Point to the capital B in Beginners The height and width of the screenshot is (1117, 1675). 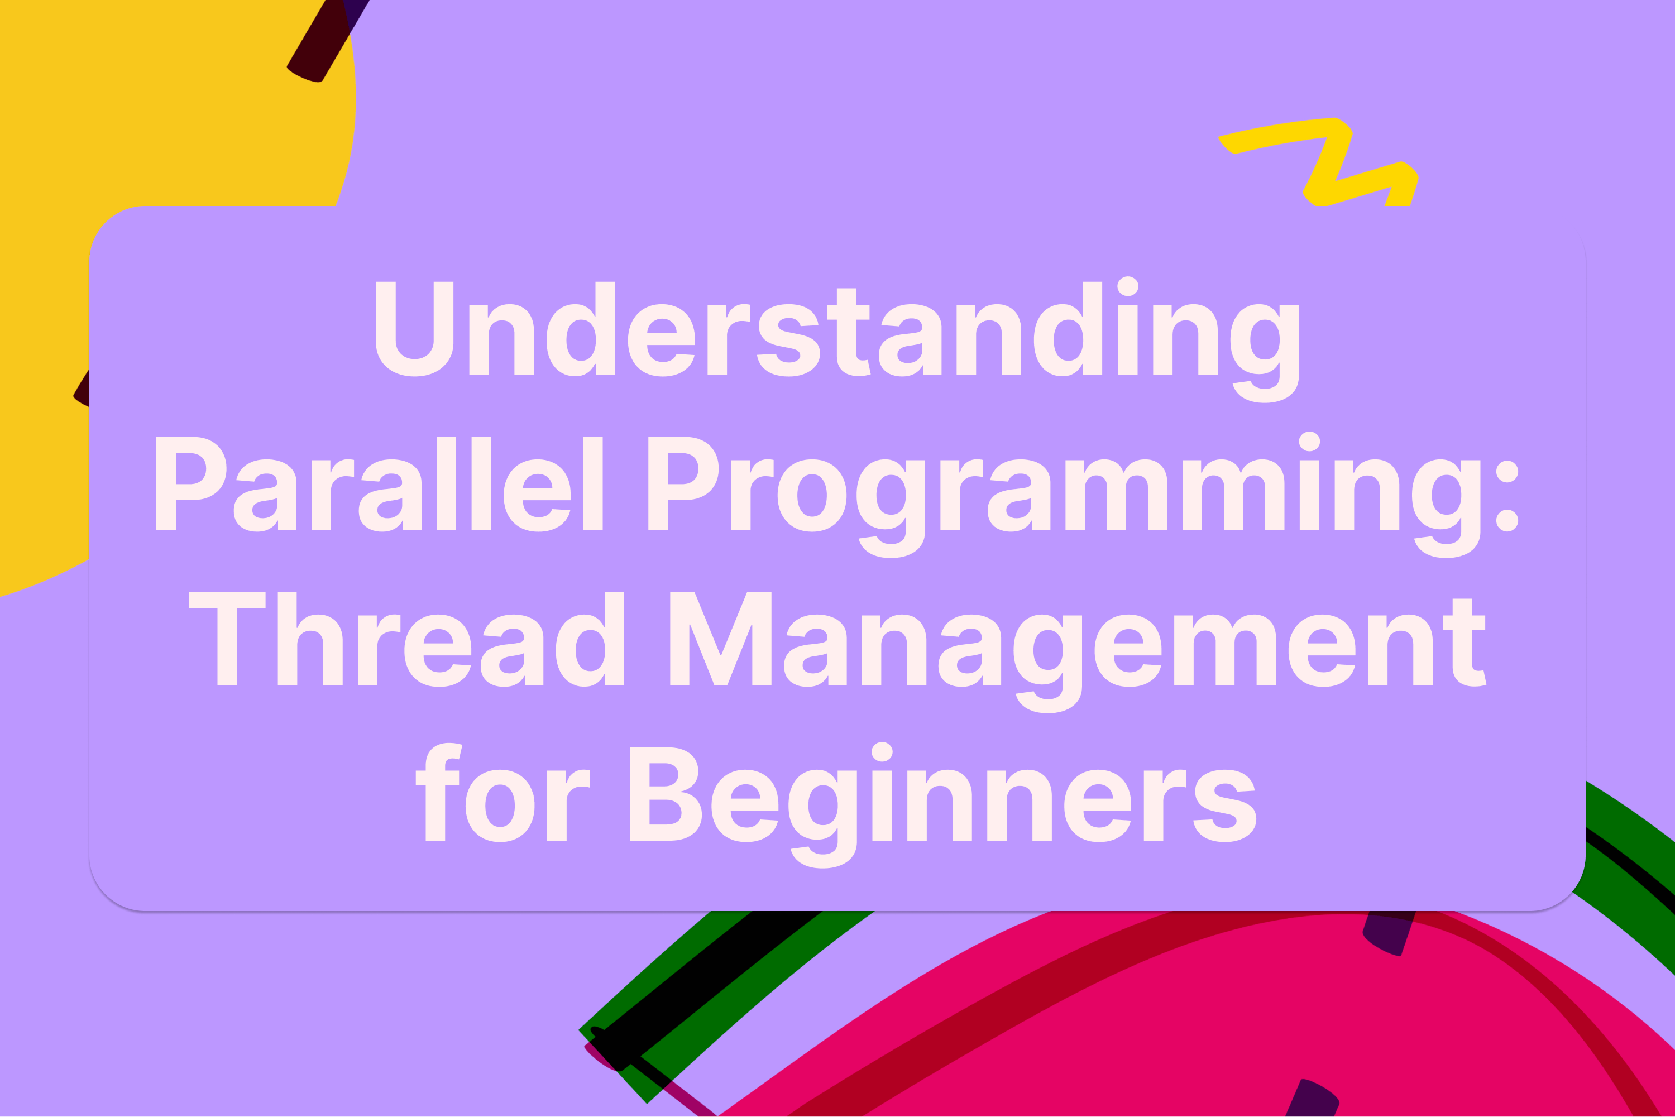click(x=665, y=794)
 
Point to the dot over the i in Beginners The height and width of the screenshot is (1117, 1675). click(x=882, y=751)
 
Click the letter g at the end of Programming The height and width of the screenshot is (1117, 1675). click(x=1446, y=506)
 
